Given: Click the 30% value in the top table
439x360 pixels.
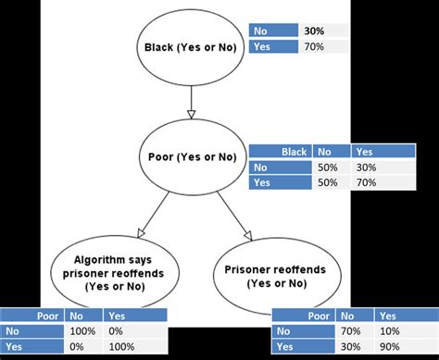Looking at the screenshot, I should pos(313,31).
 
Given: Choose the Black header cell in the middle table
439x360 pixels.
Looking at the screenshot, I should pos(293,153).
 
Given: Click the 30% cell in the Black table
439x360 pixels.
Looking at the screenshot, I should pos(364,168).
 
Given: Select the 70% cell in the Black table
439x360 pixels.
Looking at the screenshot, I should pos(364,183).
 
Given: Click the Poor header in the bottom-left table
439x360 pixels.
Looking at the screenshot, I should pos(46,315).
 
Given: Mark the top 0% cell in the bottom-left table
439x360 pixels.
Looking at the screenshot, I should pos(117,330).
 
